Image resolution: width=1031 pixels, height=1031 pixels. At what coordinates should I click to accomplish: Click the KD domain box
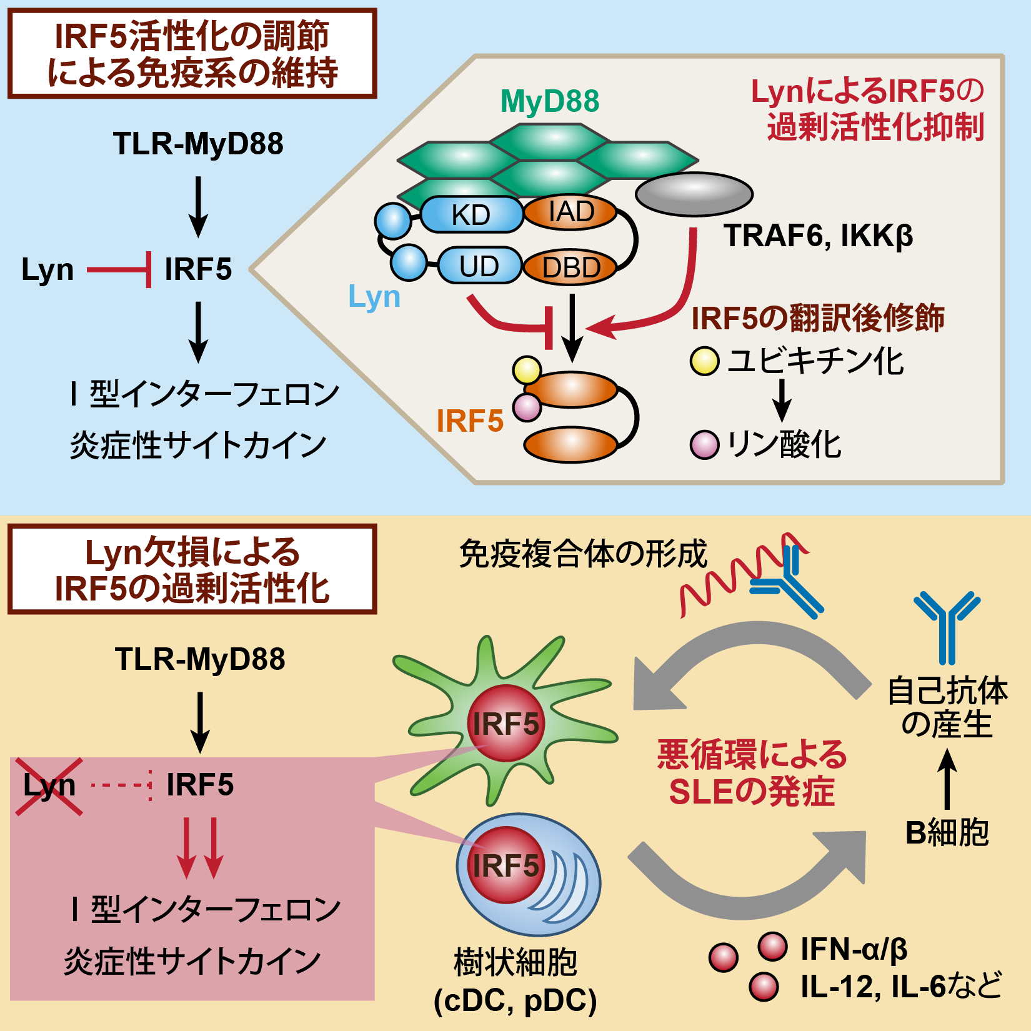(x=471, y=214)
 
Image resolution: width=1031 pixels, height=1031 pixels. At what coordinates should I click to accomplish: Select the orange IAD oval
(x=570, y=212)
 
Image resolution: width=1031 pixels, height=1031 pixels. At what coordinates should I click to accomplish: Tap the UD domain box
(x=479, y=266)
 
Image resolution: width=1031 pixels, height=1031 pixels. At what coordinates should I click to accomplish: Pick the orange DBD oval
(x=570, y=267)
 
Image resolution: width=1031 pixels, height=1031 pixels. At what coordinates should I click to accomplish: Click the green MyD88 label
(x=550, y=101)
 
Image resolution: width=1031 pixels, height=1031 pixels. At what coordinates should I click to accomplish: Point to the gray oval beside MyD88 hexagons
(x=694, y=194)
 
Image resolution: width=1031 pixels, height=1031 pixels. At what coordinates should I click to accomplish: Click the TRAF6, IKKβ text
(x=817, y=236)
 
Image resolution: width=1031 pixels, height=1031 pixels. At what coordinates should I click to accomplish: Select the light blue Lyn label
(x=374, y=296)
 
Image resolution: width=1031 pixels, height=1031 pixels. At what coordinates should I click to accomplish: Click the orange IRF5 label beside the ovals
(x=470, y=421)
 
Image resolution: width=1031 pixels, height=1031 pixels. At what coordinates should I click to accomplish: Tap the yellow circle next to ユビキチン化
(x=705, y=361)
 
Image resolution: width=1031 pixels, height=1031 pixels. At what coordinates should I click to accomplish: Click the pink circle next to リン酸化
(x=704, y=444)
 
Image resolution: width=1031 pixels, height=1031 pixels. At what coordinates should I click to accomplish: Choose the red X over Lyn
(x=49, y=786)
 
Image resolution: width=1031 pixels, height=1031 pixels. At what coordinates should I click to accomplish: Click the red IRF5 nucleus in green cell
(x=506, y=724)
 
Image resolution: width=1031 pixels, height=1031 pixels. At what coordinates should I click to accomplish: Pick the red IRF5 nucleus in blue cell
(x=506, y=865)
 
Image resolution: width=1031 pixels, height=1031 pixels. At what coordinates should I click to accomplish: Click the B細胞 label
(x=947, y=832)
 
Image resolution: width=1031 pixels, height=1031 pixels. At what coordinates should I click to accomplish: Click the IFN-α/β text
(x=854, y=949)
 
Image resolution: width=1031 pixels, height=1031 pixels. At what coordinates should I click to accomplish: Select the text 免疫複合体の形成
(x=582, y=554)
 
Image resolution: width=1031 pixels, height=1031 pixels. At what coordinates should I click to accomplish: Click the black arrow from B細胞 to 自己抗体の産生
(x=947, y=778)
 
